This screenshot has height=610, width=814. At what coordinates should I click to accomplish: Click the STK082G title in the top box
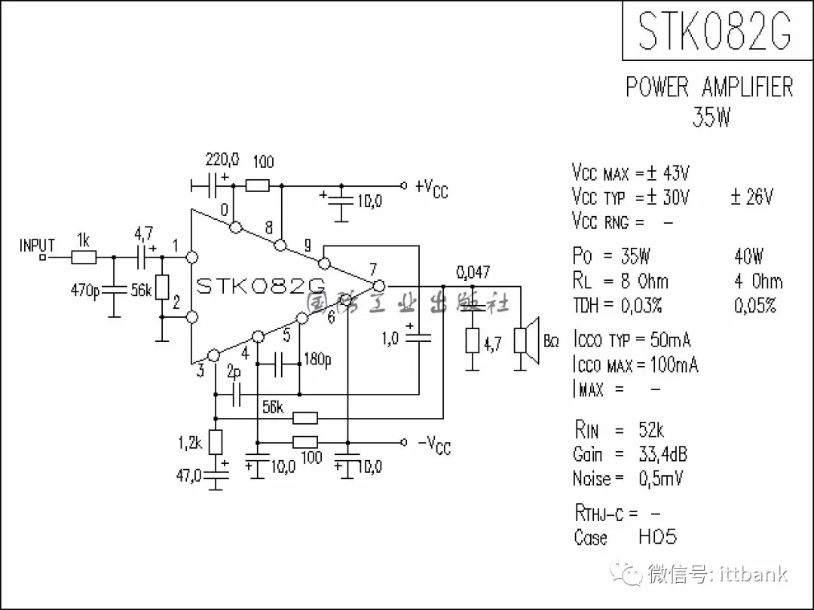715,32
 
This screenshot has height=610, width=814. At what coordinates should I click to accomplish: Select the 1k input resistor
84,257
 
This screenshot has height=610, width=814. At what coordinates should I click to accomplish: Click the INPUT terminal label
37,246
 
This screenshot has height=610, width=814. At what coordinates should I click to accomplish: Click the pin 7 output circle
378,286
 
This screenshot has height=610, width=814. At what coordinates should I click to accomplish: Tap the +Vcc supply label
432,188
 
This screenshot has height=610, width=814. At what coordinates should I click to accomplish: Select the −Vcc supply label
433,444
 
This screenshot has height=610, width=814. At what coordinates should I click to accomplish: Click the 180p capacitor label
317,359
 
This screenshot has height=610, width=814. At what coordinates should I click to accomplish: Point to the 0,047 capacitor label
473,272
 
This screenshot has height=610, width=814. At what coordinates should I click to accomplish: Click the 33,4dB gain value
662,454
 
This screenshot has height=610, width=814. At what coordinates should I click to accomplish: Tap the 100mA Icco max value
673,365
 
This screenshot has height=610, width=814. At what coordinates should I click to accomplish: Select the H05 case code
657,537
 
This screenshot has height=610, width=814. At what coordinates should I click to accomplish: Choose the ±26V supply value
751,197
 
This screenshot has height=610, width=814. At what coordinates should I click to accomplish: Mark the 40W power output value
748,256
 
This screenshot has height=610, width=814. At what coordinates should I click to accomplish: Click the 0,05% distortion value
755,305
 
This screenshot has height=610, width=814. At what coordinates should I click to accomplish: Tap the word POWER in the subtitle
657,87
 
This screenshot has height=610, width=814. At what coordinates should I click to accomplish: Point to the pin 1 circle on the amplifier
192,257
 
